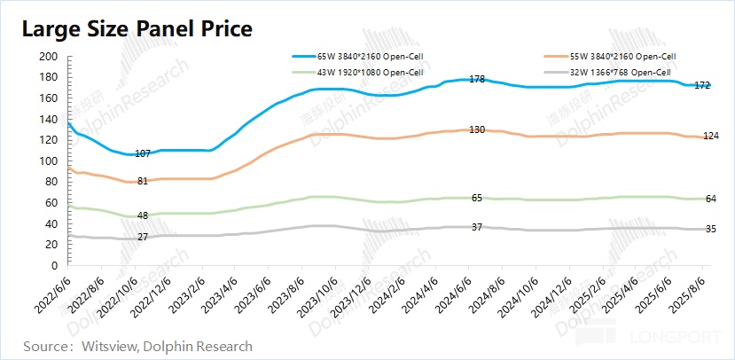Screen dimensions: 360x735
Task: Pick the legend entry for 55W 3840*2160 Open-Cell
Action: [610, 57]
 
